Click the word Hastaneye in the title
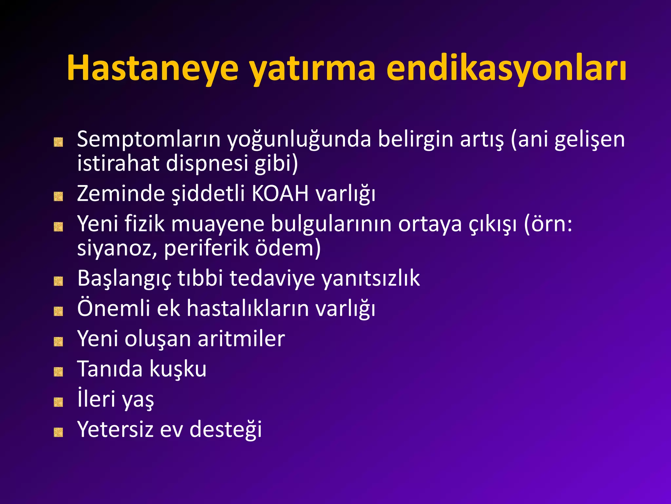152,68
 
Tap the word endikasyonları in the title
506,68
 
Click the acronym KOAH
280,194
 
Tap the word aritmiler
241,339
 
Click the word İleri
96,399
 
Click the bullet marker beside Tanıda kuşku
58,372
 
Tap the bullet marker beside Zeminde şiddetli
58,197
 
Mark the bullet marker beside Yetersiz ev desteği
58,432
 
